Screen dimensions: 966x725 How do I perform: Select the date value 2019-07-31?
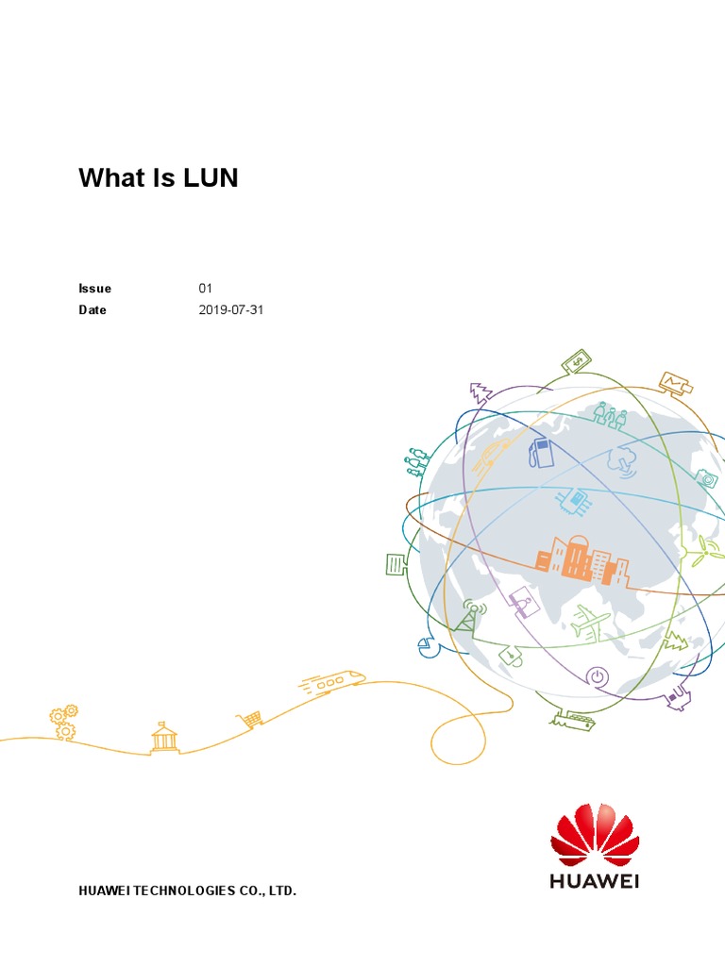(x=230, y=309)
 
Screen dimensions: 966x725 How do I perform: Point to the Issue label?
(x=94, y=289)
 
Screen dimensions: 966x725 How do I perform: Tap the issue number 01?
(x=206, y=289)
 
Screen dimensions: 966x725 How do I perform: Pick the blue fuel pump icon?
(x=542, y=452)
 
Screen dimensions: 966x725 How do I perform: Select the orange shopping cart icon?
(x=251, y=720)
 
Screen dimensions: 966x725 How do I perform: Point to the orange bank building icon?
(x=164, y=737)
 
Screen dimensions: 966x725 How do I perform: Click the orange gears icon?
(x=64, y=721)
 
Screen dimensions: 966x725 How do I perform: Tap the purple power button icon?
(x=597, y=675)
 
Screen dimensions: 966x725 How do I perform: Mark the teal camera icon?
(x=706, y=478)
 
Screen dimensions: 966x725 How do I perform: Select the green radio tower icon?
(x=469, y=615)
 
